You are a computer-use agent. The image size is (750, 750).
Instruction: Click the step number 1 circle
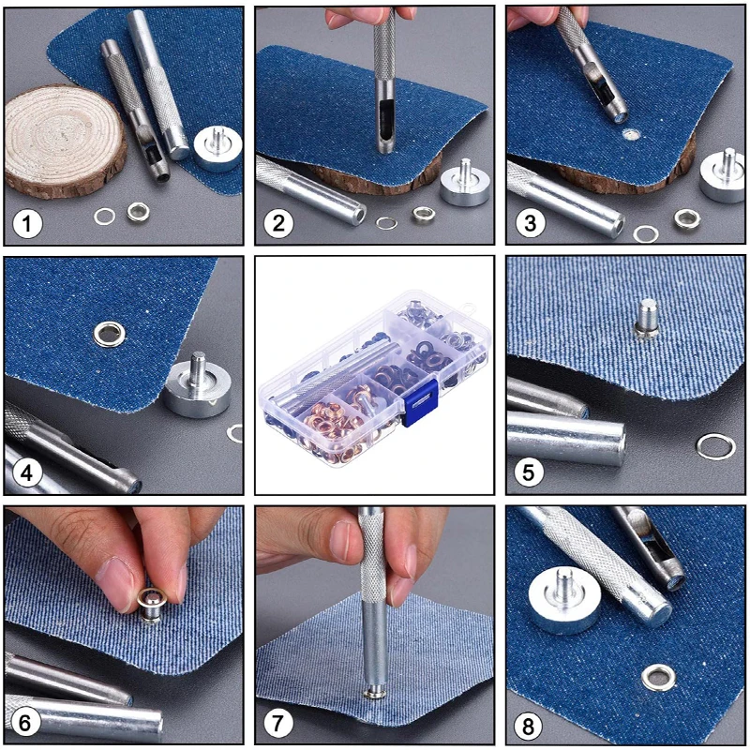[27, 224]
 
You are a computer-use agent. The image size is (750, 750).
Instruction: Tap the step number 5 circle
[528, 472]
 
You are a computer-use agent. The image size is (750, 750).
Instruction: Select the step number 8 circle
[528, 726]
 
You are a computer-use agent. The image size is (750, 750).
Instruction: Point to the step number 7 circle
[277, 722]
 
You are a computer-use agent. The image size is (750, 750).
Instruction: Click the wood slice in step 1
[65, 142]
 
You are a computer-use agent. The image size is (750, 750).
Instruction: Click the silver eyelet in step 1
[138, 212]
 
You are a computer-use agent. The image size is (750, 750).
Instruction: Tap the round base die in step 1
[217, 148]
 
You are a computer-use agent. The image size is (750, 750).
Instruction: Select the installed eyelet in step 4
[109, 334]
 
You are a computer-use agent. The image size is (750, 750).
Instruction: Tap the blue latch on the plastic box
[419, 403]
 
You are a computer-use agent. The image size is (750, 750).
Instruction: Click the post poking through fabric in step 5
[647, 318]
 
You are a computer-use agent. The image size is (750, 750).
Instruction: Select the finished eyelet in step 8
[659, 677]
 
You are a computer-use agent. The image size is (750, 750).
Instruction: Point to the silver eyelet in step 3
[687, 218]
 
